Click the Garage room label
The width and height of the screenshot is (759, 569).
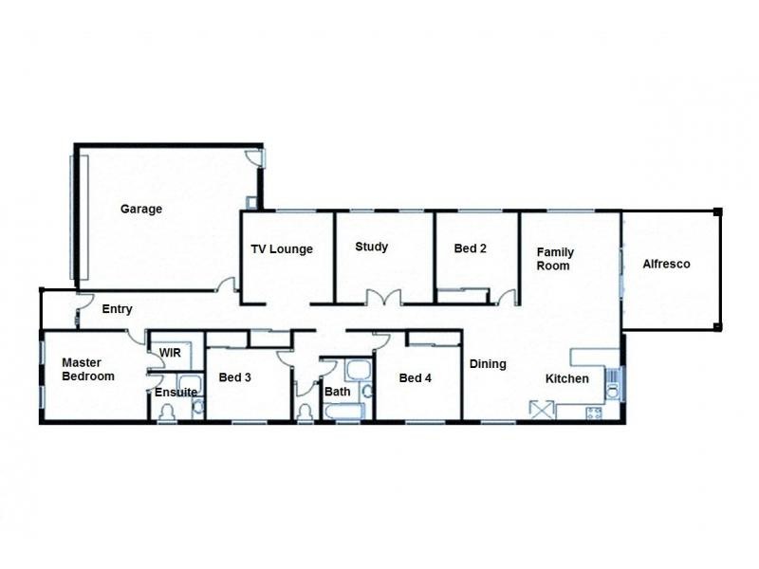pyautogui.click(x=140, y=210)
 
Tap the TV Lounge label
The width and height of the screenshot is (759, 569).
pyautogui.click(x=282, y=249)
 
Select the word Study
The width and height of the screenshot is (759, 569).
pyautogui.click(x=371, y=248)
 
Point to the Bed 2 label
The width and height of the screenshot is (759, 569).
pyautogui.click(x=470, y=249)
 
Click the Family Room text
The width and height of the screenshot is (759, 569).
pyautogui.click(x=555, y=259)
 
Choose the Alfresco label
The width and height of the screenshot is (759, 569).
pyautogui.click(x=666, y=264)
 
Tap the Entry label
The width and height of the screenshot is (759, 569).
pyautogui.click(x=117, y=309)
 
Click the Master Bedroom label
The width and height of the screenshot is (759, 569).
pyautogui.click(x=88, y=369)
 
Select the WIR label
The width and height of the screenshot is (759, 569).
pyautogui.click(x=170, y=353)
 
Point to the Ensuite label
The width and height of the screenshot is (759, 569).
pyautogui.click(x=176, y=392)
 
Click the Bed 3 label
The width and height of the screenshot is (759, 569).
pyautogui.click(x=234, y=377)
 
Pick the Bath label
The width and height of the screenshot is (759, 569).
pyautogui.click(x=338, y=392)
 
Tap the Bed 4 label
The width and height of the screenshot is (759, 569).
pyautogui.click(x=416, y=378)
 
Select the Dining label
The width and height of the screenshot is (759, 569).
pyautogui.click(x=488, y=364)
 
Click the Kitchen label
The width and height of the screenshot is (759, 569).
pyautogui.click(x=566, y=379)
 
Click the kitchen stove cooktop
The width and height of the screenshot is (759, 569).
pyautogui.click(x=595, y=413)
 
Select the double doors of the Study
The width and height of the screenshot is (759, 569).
pyautogui.click(x=383, y=297)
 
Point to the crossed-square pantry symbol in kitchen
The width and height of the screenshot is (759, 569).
pyautogui.click(x=542, y=409)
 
